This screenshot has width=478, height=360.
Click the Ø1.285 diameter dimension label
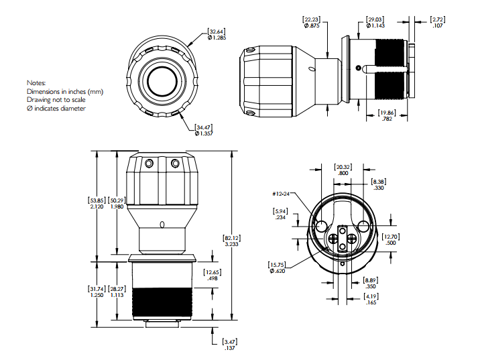tap(218, 38)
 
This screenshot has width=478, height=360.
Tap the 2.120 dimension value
tap(97, 207)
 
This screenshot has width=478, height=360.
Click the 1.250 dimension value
tap(97, 296)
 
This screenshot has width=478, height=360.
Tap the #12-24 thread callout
tap(281, 194)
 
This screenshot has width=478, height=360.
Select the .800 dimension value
tap(343, 173)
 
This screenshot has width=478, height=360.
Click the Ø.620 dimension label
tap(278, 270)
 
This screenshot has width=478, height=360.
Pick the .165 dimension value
tap(371, 303)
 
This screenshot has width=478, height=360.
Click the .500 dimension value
tap(390, 243)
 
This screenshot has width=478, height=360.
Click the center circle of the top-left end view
tap(161, 81)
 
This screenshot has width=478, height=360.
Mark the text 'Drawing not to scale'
tap(56, 99)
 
